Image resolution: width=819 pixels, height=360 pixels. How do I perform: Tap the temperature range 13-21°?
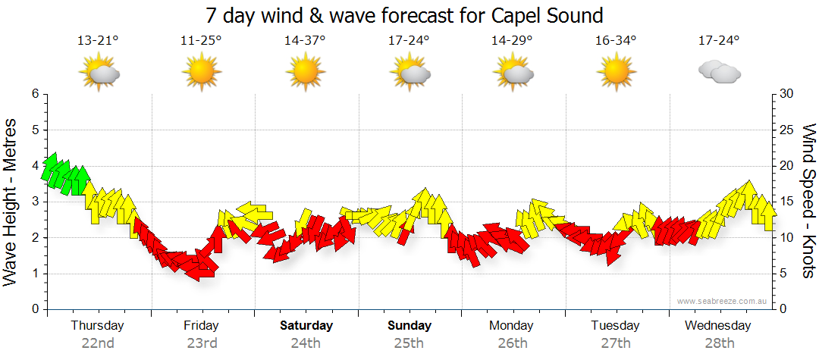click(x=98, y=41)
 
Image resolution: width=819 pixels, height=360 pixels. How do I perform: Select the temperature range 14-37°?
click(x=305, y=41)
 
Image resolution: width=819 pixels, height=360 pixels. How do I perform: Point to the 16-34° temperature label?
click(x=615, y=41)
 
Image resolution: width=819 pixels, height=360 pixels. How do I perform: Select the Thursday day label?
click(x=98, y=325)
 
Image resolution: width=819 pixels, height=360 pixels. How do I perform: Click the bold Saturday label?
click(x=306, y=325)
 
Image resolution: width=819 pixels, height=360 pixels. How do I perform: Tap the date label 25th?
click(x=409, y=343)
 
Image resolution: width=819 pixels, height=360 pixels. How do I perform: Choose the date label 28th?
click(x=719, y=343)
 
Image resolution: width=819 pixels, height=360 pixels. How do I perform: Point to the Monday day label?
click(x=512, y=325)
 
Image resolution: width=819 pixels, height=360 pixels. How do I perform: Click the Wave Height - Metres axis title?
click(x=12, y=202)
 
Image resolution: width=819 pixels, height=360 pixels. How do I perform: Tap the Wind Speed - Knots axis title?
click(x=807, y=202)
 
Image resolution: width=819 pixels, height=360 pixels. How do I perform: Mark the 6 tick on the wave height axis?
click(x=34, y=94)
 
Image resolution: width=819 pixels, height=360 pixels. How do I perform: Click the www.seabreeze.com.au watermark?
click(x=723, y=301)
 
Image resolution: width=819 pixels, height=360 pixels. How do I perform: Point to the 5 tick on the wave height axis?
click(x=34, y=130)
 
